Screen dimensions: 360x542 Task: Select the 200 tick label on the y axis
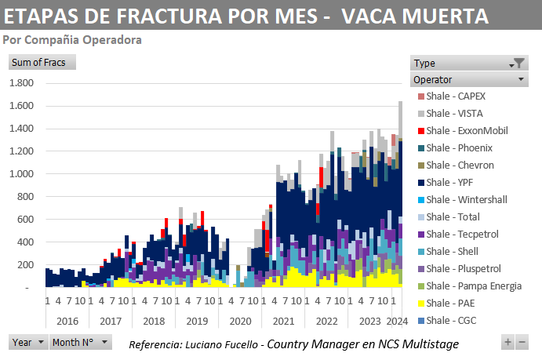[24, 265]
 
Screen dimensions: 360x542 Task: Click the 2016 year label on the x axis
[67, 320]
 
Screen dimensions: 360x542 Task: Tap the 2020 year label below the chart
[239, 320]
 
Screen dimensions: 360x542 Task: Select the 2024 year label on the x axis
[398, 320]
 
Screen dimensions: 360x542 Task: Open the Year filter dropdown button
[27, 343]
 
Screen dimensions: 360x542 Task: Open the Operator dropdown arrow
[521, 79]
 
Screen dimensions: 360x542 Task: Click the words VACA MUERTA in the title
[420, 16]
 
